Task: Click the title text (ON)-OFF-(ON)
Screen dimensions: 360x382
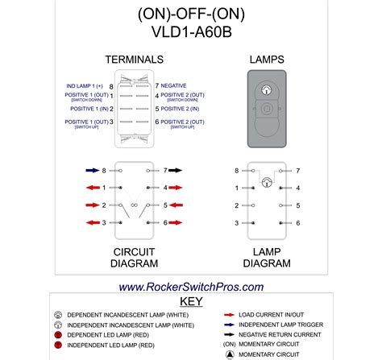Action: click(191, 14)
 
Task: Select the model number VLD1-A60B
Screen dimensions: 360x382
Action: click(191, 33)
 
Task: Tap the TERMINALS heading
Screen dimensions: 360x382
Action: click(134, 60)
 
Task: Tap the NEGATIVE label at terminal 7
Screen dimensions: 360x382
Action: click(174, 85)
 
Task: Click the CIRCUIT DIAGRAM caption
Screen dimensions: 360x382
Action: click(134, 259)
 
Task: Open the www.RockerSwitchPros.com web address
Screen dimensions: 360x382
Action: click(191, 287)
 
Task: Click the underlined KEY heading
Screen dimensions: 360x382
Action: click(191, 302)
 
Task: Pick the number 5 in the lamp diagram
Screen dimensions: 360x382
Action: click(297, 205)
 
